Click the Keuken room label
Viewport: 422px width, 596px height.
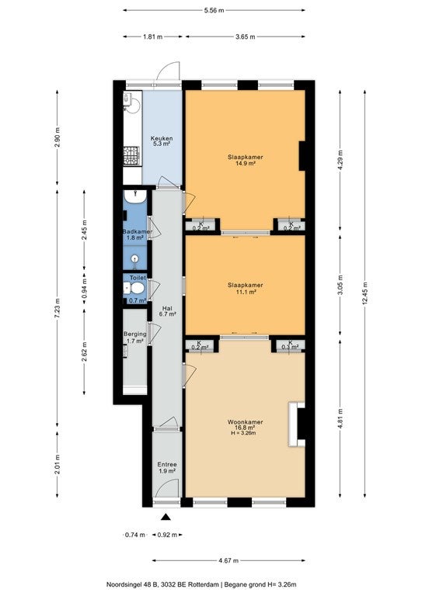pos(162,141)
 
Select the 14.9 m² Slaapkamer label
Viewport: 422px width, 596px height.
pos(245,160)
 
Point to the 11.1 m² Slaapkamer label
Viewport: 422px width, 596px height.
pos(245,288)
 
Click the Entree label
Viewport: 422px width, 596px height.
pos(166,467)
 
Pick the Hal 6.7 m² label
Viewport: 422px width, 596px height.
pos(167,311)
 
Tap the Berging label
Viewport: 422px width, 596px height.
pos(134,337)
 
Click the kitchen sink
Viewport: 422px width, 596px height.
pos(130,102)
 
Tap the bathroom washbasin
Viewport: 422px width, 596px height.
pos(134,196)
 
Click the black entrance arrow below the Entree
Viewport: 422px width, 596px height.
pos(166,516)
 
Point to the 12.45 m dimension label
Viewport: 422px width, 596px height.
pos(364,293)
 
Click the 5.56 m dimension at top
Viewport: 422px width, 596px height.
pos(214,10)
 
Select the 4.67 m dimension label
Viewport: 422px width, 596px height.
pos(228,560)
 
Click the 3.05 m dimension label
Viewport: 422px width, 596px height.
pos(340,285)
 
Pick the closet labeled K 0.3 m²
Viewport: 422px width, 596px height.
pos(291,346)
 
